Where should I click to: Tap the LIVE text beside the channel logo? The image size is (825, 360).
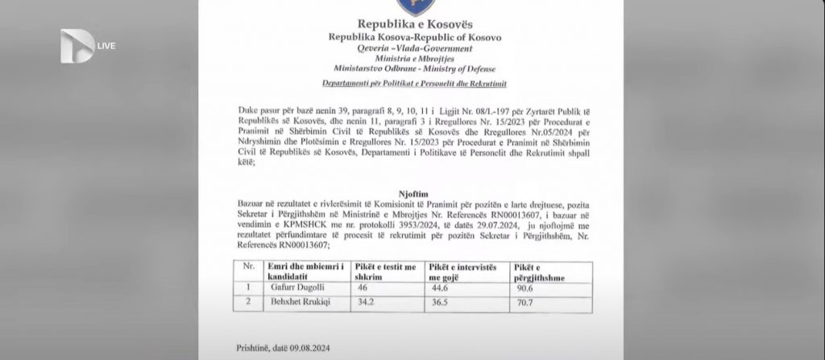[106, 45]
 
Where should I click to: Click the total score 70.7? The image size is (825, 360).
[524, 304]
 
